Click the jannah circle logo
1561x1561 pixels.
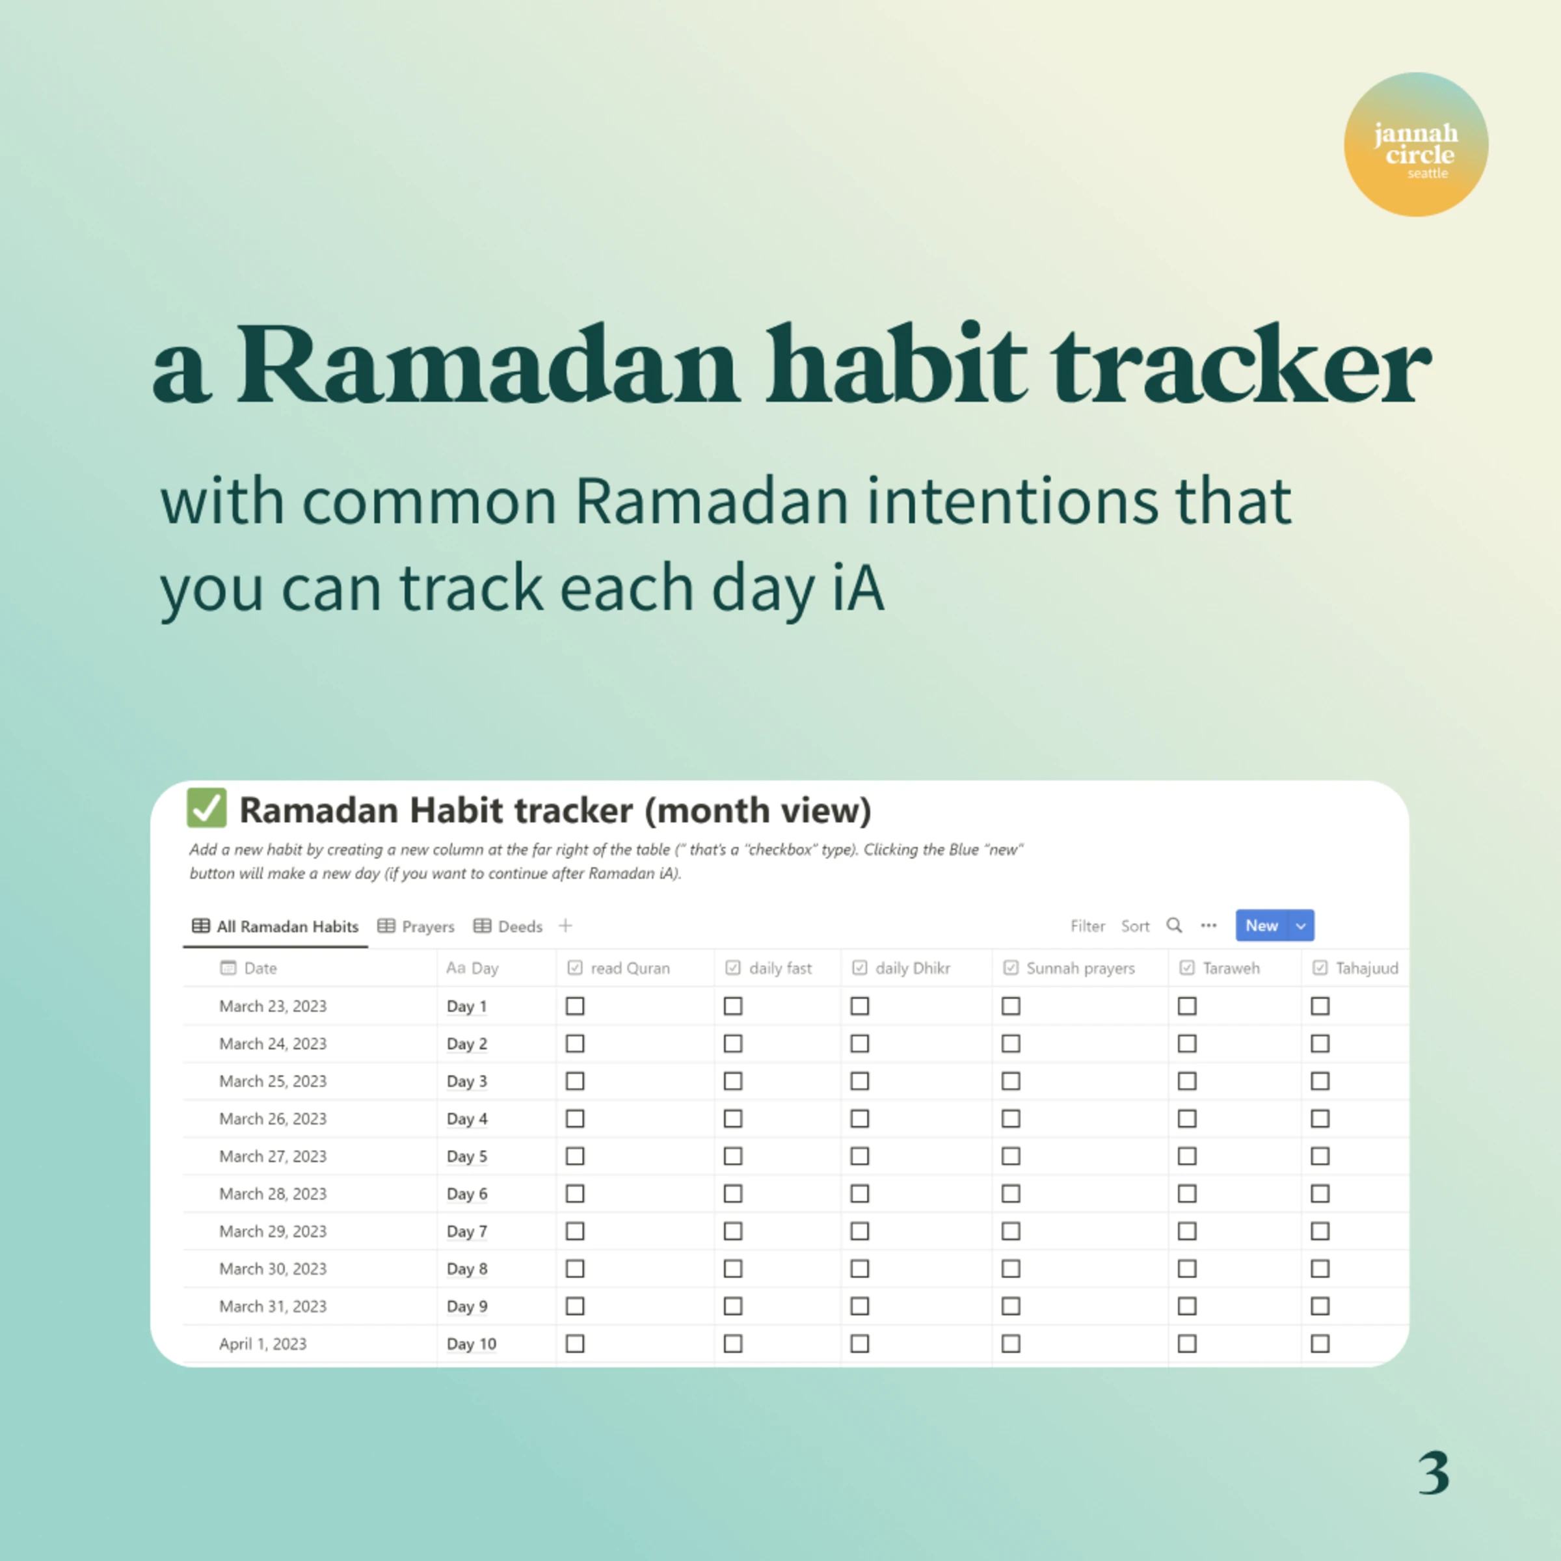[1415, 144]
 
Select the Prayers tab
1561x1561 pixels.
[416, 927]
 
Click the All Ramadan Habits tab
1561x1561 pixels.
[276, 927]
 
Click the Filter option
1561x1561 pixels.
[1087, 927]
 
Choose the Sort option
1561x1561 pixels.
[1135, 927]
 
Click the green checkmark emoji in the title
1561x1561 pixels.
[207, 808]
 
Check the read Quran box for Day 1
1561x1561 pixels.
[575, 1006]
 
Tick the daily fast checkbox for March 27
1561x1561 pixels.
[733, 1156]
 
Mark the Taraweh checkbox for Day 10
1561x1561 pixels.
[1187, 1344]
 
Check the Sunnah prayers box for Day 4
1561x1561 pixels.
[1011, 1119]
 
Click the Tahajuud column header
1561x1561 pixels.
[1365, 968]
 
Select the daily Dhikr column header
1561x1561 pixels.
[912, 968]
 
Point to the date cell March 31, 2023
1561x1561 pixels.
[273, 1307]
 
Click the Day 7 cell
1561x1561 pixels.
[467, 1231]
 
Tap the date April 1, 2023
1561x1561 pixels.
[263, 1344]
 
